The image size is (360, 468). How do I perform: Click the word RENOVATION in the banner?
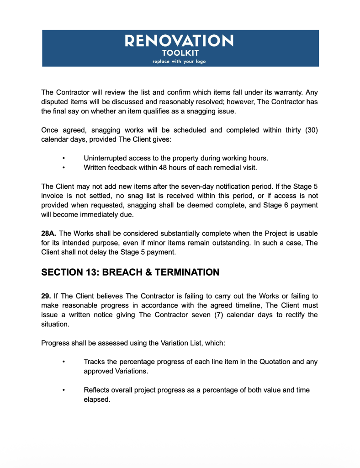click(180, 41)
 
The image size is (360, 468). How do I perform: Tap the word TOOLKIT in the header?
click(180, 53)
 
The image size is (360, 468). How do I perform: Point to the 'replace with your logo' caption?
click(180, 62)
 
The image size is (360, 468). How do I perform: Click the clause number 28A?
click(49, 233)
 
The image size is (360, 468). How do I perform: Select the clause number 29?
click(46, 296)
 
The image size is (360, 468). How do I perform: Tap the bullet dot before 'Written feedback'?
click(64, 167)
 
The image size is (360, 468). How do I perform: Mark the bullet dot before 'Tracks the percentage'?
click(64, 362)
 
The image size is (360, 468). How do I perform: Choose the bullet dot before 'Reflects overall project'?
click(64, 390)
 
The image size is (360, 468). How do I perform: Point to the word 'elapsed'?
click(97, 399)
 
